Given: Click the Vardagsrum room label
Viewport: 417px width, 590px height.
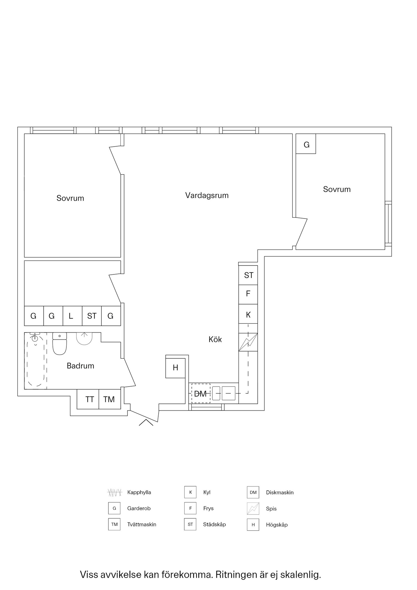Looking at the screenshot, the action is point(207,195).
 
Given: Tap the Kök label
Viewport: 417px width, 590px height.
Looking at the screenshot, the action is point(215,339).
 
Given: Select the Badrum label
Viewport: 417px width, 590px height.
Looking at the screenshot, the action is point(81,366).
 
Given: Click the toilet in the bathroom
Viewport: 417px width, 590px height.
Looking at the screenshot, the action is point(60,344).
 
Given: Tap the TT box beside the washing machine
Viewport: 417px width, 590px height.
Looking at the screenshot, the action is point(88,399).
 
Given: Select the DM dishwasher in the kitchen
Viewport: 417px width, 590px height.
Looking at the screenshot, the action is point(201,393).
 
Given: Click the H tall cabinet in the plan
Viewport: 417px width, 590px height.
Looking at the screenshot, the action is point(175,368).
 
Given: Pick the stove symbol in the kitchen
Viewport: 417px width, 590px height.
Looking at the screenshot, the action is point(248,342).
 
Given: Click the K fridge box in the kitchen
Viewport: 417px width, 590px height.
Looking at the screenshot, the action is point(248,314).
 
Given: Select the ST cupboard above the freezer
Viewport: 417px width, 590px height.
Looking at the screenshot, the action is point(248,275).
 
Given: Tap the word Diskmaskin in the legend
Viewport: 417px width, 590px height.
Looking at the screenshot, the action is point(280,492).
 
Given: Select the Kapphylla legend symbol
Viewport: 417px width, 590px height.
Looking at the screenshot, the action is point(115,492).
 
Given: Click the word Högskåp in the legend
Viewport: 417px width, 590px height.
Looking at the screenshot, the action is point(277,525).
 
